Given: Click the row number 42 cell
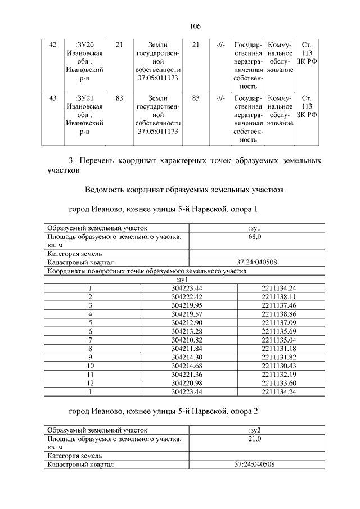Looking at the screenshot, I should tap(53, 44).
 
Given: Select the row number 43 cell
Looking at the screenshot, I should tap(53, 98).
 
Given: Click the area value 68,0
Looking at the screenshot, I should tap(255, 237).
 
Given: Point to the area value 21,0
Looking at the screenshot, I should tap(255, 438).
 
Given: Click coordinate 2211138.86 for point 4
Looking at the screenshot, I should tap(278, 313).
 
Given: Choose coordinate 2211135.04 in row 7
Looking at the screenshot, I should tap(278, 340).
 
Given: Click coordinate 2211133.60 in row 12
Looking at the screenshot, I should tap(278, 384).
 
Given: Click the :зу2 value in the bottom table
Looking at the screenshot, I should tap(255, 430).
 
